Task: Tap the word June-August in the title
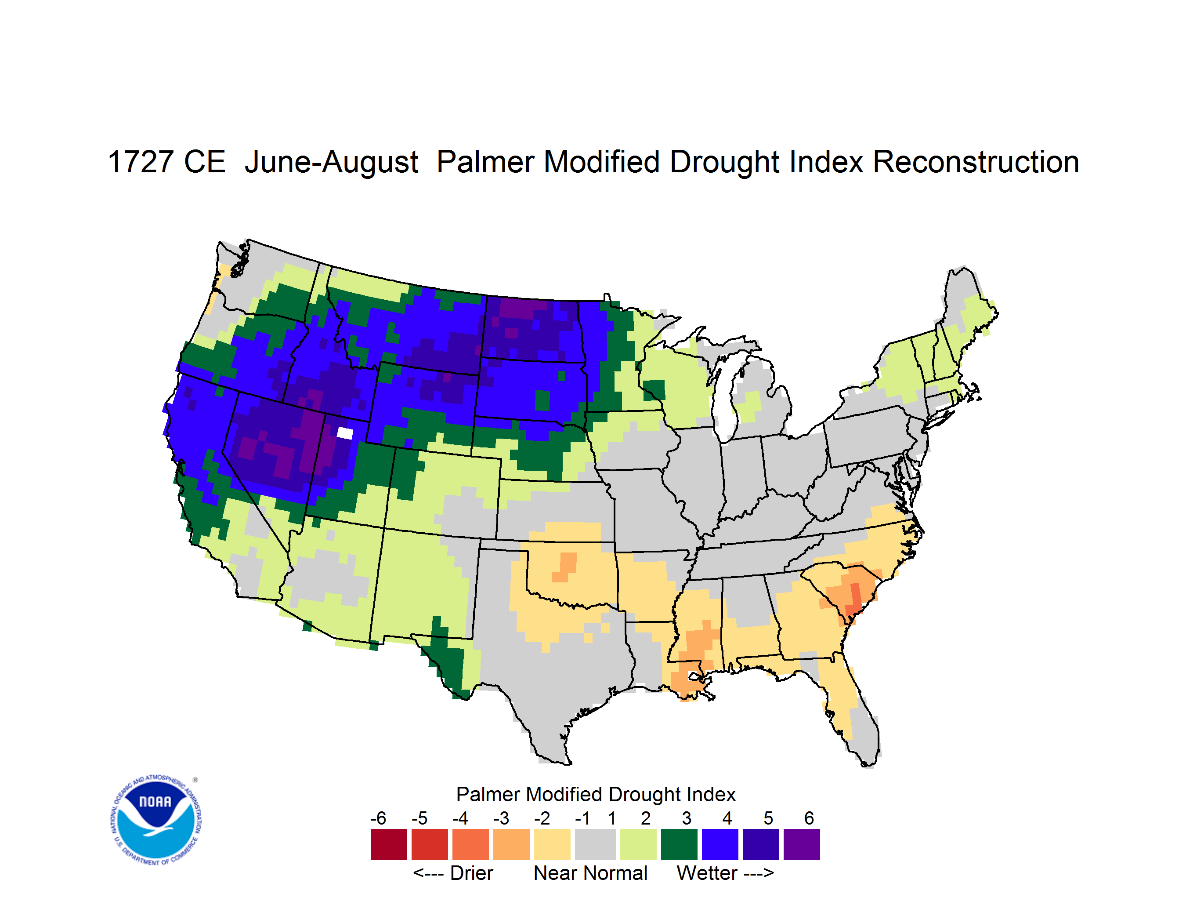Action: click(331, 163)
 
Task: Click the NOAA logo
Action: click(156, 820)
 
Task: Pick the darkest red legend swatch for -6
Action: click(389, 844)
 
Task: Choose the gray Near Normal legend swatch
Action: click(595, 844)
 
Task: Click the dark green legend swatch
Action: click(679, 844)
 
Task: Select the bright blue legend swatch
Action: click(720, 844)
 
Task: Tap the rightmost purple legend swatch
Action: click(802, 844)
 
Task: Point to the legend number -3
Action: click(501, 818)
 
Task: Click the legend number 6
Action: click(809, 818)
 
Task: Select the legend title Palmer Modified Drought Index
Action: click(596, 794)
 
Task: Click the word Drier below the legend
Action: click(471, 873)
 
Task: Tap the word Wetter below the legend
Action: click(707, 873)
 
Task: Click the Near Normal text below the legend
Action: click(590, 873)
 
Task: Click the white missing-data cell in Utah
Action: click(345, 433)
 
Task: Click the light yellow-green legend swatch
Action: click(638, 844)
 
